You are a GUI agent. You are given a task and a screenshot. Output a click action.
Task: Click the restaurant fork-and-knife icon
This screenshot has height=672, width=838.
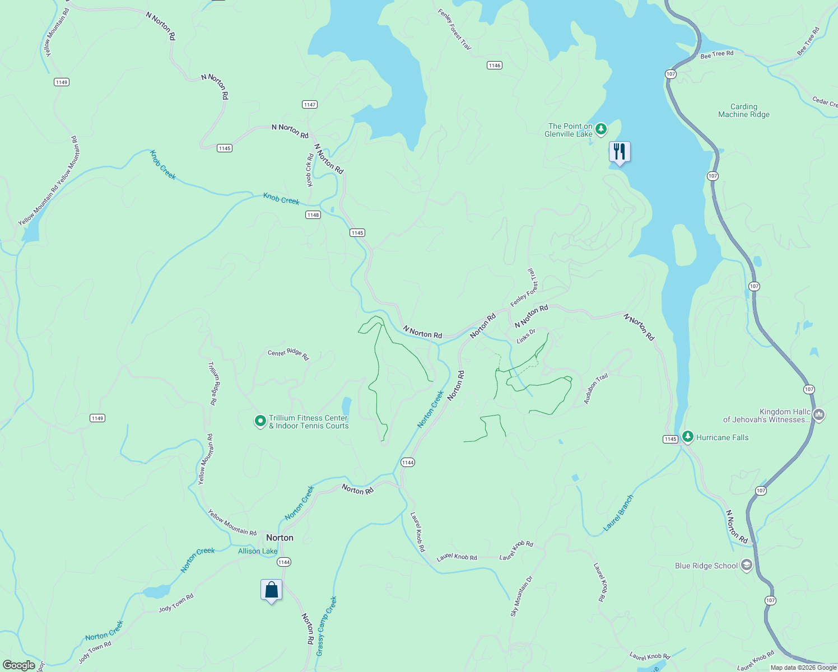pyautogui.click(x=619, y=152)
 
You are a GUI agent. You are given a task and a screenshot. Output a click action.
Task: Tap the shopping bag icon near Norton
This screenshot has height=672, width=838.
pyautogui.click(x=271, y=590)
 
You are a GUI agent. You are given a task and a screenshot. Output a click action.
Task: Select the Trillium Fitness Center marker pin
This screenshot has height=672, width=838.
pyautogui.click(x=260, y=421)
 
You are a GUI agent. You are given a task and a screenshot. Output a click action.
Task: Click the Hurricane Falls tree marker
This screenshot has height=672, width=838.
pyautogui.click(x=687, y=437)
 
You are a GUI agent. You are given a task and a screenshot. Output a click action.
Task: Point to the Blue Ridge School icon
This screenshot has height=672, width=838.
pyautogui.click(x=746, y=565)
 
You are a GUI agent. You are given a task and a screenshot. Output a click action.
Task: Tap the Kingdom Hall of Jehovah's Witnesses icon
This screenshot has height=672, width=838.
pyautogui.click(x=819, y=415)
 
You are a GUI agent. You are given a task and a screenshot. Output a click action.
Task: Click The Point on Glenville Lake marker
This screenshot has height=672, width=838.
pyautogui.click(x=601, y=129)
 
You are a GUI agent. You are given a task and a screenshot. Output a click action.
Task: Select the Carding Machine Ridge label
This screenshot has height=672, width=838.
pyautogui.click(x=744, y=110)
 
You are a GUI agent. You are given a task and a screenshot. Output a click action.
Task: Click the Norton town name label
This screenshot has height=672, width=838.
pyautogui.click(x=280, y=538)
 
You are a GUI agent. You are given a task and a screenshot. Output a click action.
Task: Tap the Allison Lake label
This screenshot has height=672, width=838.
pyautogui.click(x=258, y=551)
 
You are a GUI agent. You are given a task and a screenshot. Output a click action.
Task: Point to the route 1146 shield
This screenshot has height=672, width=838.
pyautogui.click(x=494, y=66)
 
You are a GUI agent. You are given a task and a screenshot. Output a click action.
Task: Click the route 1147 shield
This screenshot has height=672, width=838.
pyautogui.click(x=310, y=105)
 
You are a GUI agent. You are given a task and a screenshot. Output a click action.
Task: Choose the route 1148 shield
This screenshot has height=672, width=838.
pyautogui.click(x=313, y=215)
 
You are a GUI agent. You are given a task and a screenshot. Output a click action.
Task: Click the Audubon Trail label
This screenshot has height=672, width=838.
pyautogui.click(x=595, y=389)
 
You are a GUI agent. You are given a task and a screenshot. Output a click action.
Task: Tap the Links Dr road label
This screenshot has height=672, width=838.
pyautogui.click(x=526, y=337)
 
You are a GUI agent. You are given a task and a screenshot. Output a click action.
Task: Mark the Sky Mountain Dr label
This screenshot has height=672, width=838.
pyautogui.click(x=522, y=596)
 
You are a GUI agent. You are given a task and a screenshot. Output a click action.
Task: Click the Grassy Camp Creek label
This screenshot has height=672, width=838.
pyautogui.click(x=327, y=626)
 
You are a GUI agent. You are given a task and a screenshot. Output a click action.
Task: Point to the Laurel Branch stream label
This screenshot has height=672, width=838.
pyautogui.click(x=619, y=513)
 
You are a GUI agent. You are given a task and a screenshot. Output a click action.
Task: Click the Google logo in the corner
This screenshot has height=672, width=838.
pyautogui.click(x=19, y=665)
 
